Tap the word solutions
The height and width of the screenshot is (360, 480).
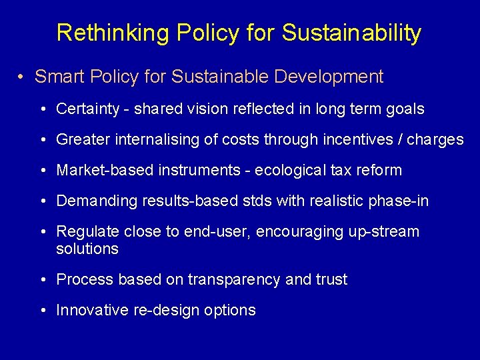pyautogui.click(x=87, y=249)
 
